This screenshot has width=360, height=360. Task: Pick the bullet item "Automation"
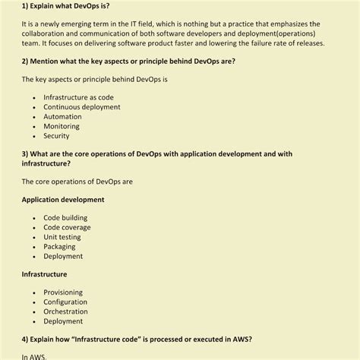(62, 117)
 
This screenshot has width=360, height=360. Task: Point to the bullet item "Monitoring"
(62, 127)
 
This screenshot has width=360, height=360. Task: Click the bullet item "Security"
(56, 137)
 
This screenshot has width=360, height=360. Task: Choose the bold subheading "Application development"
(63, 200)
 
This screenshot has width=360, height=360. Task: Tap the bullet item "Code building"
(65, 217)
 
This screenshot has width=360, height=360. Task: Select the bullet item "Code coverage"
(67, 227)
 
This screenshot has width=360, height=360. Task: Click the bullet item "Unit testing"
(62, 237)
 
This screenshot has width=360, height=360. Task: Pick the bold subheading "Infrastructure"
(44, 274)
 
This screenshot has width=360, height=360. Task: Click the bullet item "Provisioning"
(64, 292)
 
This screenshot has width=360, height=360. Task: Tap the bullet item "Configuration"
(65, 302)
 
